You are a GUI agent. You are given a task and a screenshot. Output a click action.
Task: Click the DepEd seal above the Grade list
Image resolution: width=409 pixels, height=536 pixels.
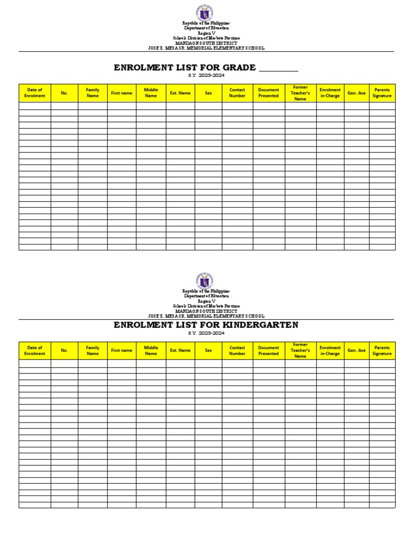click(206, 13)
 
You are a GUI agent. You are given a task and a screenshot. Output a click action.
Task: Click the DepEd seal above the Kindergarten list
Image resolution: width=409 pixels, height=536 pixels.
click(206, 280)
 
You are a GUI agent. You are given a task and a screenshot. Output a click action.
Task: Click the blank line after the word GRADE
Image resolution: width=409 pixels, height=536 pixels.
click(278, 68)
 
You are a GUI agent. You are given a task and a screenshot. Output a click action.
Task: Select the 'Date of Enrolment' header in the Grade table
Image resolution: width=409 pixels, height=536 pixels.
click(35, 93)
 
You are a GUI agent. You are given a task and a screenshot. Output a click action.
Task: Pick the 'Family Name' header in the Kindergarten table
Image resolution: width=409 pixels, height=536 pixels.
click(93, 351)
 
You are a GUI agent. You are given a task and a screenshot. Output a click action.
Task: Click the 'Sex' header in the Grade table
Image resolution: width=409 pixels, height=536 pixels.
click(208, 93)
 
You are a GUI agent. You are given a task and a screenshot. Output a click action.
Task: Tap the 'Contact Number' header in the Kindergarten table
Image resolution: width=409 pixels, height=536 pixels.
click(238, 351)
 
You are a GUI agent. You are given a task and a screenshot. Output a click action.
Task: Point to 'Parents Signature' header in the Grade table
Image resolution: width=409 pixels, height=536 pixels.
click(382, 93)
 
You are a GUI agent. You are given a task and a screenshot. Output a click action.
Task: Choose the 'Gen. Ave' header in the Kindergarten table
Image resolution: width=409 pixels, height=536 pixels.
click(356, 351)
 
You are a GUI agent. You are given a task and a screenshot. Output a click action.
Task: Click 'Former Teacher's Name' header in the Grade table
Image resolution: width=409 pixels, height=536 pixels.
click(300, 93)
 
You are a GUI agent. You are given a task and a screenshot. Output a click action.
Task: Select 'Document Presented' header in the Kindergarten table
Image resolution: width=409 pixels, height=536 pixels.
click(268, 351)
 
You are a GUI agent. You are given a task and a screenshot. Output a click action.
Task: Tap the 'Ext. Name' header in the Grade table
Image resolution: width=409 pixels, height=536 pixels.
click(180, 93)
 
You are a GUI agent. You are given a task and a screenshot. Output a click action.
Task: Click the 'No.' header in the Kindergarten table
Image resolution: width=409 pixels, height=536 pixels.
click(64, 351)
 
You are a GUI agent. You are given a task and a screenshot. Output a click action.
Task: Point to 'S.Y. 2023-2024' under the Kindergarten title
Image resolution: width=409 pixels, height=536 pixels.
click(206, 333)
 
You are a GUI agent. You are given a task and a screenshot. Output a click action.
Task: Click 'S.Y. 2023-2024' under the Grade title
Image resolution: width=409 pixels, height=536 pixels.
click(206, 76)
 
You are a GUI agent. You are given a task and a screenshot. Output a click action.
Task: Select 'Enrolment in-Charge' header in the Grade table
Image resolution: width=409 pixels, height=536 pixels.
click(330, 93)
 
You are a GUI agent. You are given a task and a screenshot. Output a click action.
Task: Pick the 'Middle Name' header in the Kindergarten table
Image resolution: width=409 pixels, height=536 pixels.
click(151, 351)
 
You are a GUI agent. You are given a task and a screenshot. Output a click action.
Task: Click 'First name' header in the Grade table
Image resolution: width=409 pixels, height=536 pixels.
click(121, 93)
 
